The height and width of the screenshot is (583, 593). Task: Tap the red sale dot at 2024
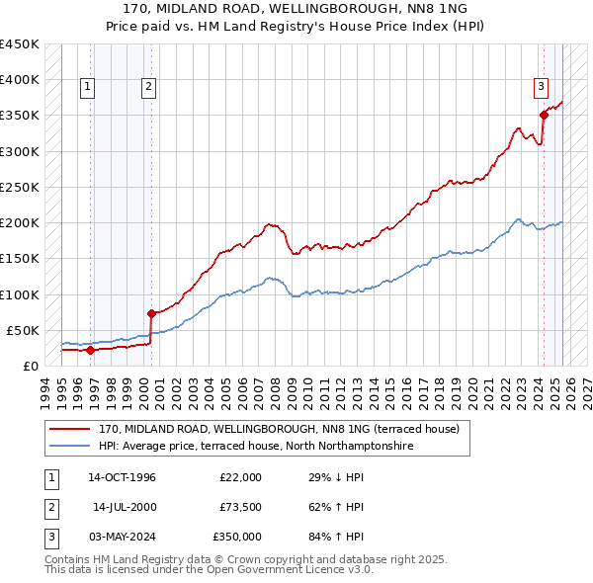[544, 116]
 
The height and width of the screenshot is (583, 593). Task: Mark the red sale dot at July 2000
[151, 313]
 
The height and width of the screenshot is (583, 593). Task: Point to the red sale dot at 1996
[90, 350]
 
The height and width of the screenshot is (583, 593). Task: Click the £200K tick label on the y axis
[19, 222]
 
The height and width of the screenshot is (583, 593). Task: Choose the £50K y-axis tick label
[23, 330]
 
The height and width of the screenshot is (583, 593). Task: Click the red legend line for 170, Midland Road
[70, 430]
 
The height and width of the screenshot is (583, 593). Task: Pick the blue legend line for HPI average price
[70, 447]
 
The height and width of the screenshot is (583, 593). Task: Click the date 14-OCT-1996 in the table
[122, 477]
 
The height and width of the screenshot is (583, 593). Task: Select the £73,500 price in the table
[240, 507]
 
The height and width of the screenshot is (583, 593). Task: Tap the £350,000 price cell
[237, 537]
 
